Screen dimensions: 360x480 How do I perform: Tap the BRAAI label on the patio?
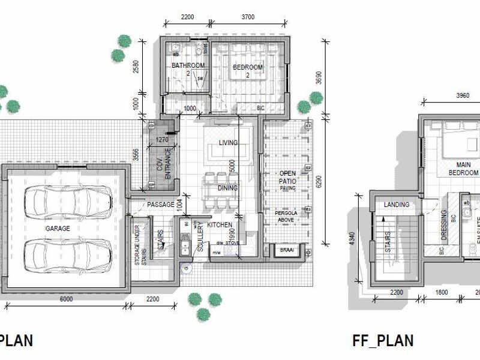(284, 250)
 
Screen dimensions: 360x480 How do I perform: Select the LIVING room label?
(228, 143)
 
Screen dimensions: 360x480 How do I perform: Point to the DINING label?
(228, 188)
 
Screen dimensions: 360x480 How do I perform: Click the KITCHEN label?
(220, 224)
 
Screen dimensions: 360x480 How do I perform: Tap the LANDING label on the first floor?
(396, 205)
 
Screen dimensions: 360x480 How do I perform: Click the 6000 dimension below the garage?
(66, 299)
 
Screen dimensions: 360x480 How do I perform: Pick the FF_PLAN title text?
(383, 341)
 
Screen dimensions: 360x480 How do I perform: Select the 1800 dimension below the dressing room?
(441, 292)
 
